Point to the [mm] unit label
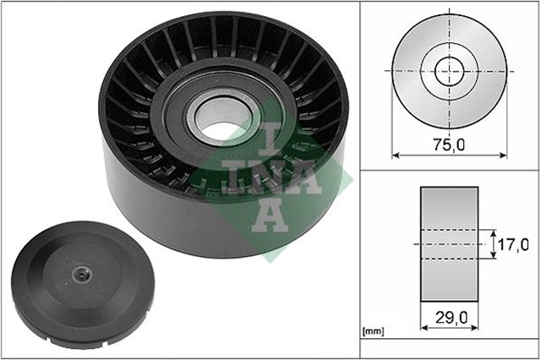[372, 330]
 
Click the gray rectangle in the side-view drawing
[449, 211]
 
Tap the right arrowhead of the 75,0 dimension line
[503, 155]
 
